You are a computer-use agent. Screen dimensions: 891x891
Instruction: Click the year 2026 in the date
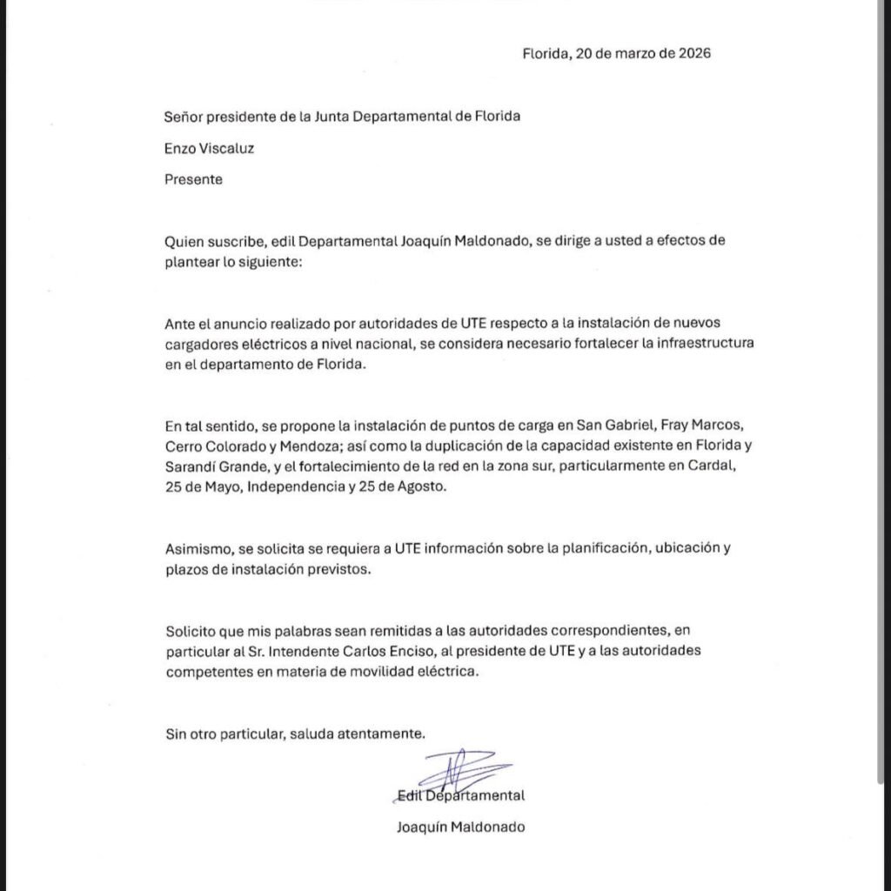pyautogui.click(x=693, y=53)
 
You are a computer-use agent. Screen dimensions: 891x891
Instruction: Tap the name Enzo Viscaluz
pyautogui.click(x=209, y=148)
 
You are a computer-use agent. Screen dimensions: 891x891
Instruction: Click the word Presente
pyautogui.click(x=193, y=179)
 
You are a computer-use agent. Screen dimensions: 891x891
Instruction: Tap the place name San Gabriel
pyautogui.click(x=620, y=425)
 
